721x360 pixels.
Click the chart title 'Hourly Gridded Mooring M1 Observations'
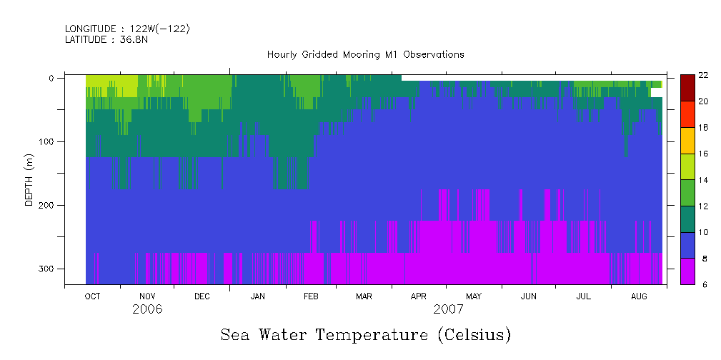365,54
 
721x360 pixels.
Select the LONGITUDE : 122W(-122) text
127,29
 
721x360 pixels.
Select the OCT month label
92,296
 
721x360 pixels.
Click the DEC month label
202,296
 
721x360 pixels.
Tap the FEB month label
311,296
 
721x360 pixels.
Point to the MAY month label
474,296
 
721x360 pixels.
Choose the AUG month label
639,296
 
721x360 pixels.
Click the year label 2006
147,309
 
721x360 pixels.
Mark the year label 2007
448,309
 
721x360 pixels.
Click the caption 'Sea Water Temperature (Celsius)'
366,334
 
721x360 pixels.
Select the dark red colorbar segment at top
687,88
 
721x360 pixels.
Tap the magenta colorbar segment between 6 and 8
687,271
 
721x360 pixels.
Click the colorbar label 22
703,75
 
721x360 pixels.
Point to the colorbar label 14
703,180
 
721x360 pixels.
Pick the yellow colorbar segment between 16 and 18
687,141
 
